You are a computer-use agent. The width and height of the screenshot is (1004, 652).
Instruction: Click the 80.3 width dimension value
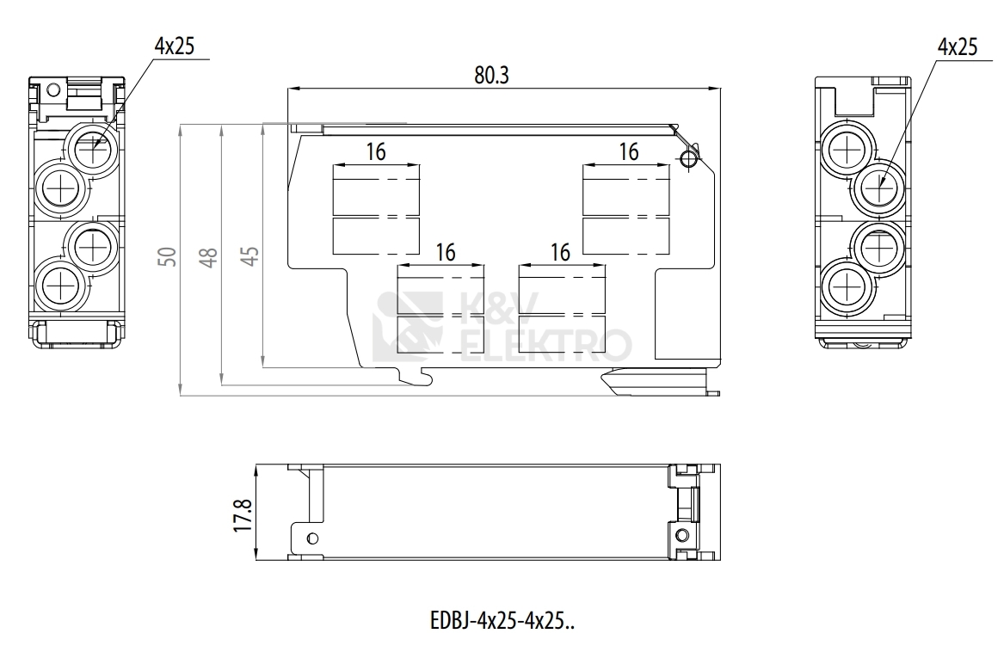[x=491, y=75]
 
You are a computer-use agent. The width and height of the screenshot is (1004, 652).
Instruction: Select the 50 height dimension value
[x=168, y=256]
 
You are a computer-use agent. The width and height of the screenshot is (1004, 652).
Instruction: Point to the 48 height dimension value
[x=209, y=256]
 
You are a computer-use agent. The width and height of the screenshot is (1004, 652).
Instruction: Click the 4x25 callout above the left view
[x=174, y=46]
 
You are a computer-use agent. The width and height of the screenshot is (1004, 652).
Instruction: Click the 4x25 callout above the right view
[x=958, y=46]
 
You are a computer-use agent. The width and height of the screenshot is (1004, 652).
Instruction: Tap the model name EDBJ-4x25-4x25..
[x=502, y=621]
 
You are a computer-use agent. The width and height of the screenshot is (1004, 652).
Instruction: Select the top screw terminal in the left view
[x=94, y=147]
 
